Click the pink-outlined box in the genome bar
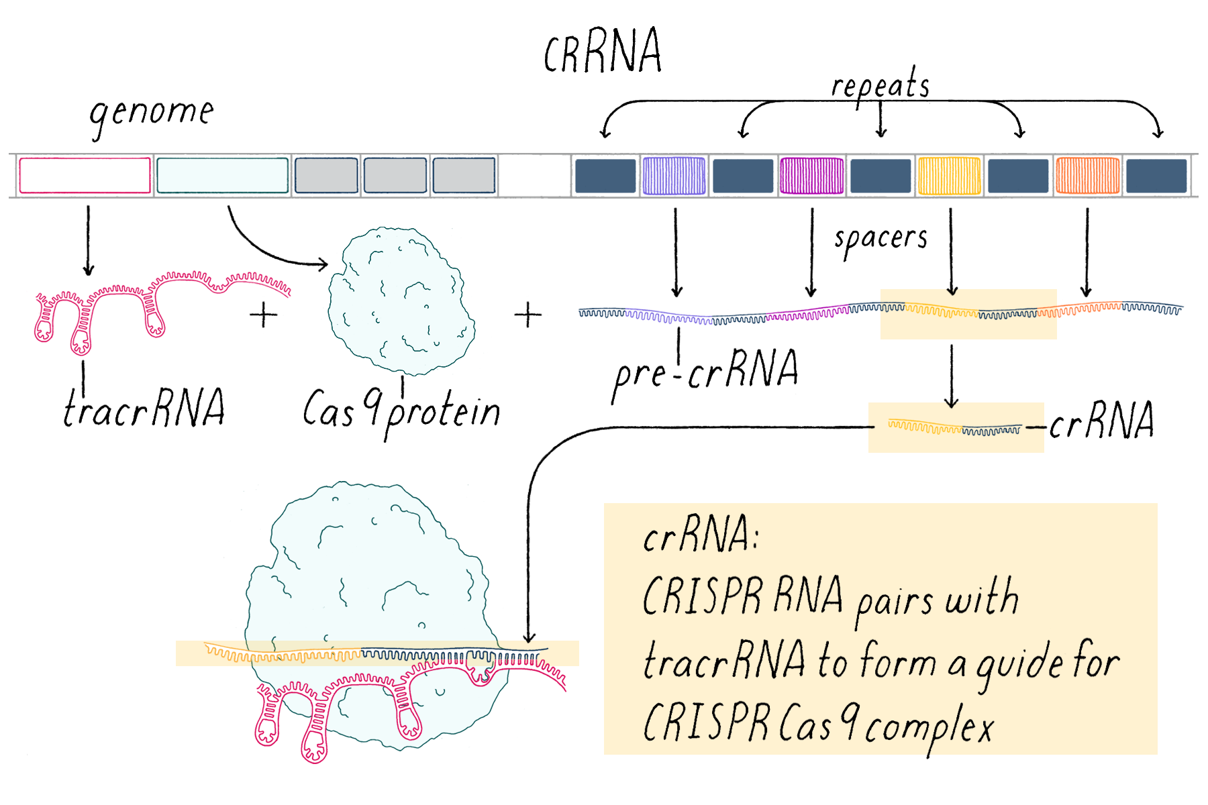[85, 175]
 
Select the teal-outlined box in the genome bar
[222, 175]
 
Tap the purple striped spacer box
[674, 175]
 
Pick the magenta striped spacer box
[811, 175]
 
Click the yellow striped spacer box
[949, 175]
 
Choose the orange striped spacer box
[1087, 175]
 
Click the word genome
[152, 113]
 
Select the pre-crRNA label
[705, 372]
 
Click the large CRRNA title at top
[602, 52]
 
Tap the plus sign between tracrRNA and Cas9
[263, 315]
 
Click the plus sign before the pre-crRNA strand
[527, 315]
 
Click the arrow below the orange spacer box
[1087, 252]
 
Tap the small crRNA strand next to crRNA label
[954, 428]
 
